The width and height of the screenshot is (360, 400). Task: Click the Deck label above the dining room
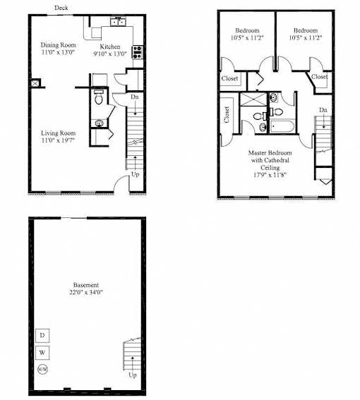click(61, 8)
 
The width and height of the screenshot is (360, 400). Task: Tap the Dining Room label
click(58, 45)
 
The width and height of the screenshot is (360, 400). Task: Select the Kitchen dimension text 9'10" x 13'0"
click(110, 54)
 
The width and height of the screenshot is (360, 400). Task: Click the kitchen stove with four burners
click(138, 52)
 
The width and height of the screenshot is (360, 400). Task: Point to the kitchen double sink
click(118, 22)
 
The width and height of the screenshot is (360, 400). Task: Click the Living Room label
click(58, 133)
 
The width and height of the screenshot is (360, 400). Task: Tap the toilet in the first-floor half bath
click(98, 97)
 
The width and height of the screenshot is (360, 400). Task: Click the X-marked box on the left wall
click(35, 83)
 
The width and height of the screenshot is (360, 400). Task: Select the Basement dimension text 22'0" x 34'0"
click(86, 292)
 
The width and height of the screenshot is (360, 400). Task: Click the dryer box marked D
click(42, 335)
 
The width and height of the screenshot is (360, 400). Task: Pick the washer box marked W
click(42, 353)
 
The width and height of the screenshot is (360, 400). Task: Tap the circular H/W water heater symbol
click(42, 369)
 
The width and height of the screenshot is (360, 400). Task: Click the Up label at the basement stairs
click(133, 375)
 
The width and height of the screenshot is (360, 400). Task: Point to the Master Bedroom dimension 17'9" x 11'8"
click(270, 175)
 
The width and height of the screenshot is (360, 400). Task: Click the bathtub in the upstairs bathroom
click(282, 126)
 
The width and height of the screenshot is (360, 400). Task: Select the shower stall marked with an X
click(253, 99)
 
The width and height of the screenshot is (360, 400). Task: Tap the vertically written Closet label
click(227, 114)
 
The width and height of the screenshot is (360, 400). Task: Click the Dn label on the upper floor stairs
click(323, 110)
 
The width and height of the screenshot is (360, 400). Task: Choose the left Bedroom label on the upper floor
click(247, 30)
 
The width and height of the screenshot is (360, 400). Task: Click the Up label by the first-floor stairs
click(135, 174)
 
